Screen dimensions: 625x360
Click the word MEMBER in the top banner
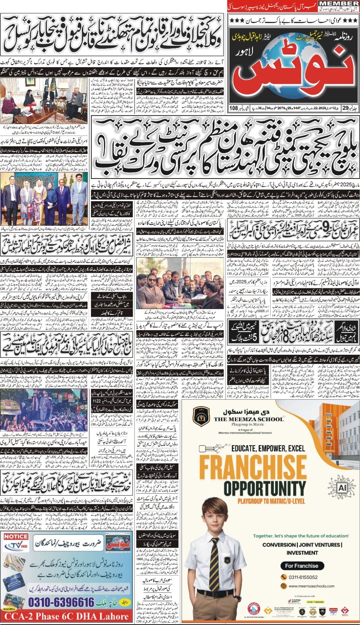coord(339,4)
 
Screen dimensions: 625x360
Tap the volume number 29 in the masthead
coord(345,108)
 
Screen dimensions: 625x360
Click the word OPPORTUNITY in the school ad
coord(265,488)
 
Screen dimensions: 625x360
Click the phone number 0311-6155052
coord(303,577)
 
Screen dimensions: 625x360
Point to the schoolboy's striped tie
coord(214,561)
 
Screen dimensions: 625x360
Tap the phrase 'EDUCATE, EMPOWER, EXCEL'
coord(268,448)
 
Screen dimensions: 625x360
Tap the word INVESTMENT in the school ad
coord(302,553)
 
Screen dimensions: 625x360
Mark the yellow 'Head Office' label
coord(9,609)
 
